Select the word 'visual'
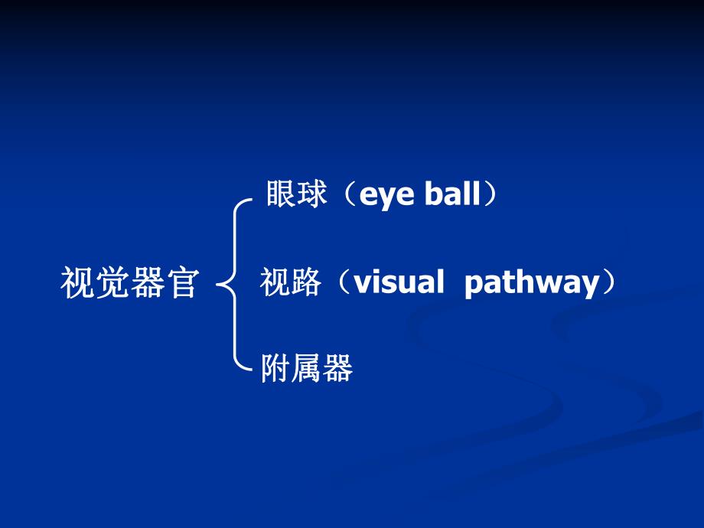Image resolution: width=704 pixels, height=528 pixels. pos(399,283)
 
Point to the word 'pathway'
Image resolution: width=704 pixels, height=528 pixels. pos(532,284)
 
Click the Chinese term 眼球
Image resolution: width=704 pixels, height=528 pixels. pos(297,195)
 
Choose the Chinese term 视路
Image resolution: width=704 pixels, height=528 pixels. pos(290,283)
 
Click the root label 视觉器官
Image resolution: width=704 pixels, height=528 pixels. pos(129,283)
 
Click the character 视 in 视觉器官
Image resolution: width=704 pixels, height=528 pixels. pos(77,283)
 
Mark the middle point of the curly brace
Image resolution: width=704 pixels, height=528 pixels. pos(222,285)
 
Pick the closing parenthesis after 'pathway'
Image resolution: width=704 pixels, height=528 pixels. pos(609,283)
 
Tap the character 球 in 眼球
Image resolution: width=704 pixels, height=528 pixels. pos(312,195)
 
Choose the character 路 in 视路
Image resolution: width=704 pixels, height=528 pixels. pos(305,283)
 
